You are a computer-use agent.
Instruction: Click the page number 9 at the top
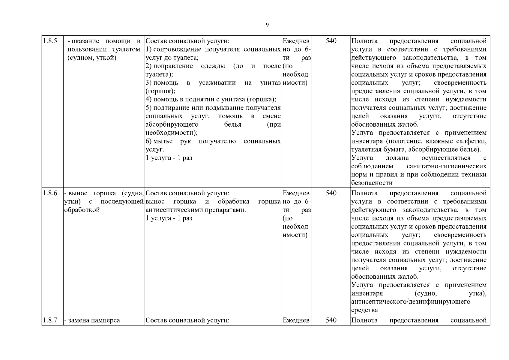tap(267, 25)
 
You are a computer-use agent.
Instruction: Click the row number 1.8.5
tap(50, 41)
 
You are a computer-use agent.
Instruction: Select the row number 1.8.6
tap(50, 193)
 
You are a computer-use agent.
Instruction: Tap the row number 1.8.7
tap(50, 320)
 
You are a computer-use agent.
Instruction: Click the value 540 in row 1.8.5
tap(331, 41)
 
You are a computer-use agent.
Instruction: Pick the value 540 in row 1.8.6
tap(331, 193)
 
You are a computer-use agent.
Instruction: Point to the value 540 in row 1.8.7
tap(331, 320)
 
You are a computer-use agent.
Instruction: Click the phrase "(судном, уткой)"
tap(92, 58)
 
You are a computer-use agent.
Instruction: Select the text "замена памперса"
tap(94, 320)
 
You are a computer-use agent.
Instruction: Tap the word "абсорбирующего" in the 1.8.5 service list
tap(172, 124)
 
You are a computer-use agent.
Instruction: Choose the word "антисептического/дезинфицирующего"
tap(411, 301)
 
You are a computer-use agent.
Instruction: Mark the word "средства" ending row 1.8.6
tap(364, 310)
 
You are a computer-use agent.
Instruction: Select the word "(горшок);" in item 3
tap(160, 91)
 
